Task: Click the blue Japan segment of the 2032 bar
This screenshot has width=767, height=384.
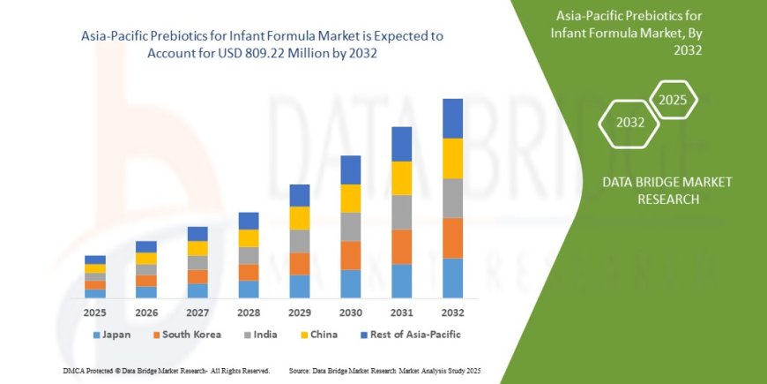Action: coord(452,277)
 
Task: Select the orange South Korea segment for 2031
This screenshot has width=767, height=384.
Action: coord(401,246)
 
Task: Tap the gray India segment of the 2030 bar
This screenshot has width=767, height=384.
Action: coord(350,227)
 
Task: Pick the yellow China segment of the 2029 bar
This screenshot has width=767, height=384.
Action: coord(300,218)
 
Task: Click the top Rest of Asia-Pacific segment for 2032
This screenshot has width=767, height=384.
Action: coord(452,118)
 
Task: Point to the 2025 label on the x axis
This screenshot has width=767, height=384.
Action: coord(95,313)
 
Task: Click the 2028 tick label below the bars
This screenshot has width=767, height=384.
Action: coord(249,313)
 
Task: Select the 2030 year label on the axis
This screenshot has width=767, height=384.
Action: coord(350,313)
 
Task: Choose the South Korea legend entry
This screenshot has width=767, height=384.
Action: coord(185,335)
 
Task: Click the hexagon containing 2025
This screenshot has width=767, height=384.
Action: coord(674,99)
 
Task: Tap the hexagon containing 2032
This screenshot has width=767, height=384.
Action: coord(629,123)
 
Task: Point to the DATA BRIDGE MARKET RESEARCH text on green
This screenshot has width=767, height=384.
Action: coord(667,190)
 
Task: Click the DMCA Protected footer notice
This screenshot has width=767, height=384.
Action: coord(167,370)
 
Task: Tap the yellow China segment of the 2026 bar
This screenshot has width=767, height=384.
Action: coord(146,259)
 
